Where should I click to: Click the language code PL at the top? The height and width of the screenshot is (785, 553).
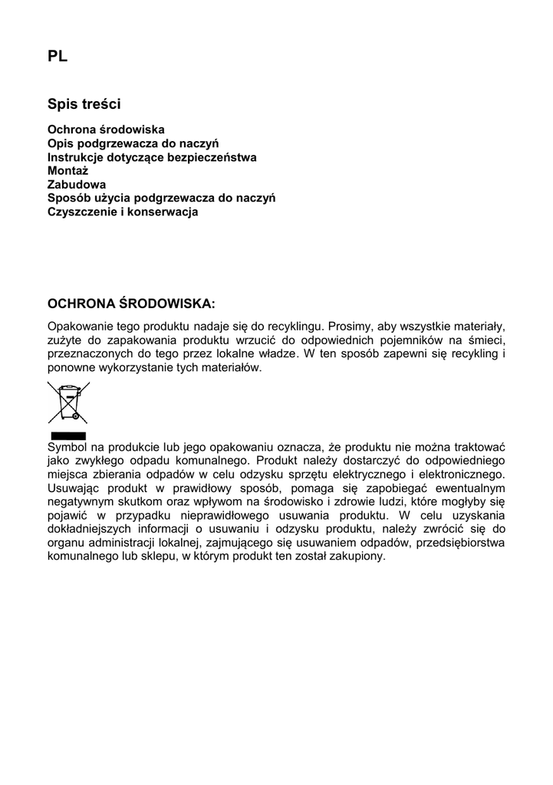58,56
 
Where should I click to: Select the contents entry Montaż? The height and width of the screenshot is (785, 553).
68,170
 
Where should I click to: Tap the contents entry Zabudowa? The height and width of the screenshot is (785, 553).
77,184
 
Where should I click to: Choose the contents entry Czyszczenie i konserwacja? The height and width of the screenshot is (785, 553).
123,212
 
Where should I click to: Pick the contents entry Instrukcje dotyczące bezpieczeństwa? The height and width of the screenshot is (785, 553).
152,156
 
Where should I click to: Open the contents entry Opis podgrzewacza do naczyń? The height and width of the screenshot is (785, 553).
133,143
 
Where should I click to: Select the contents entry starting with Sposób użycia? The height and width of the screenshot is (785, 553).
161,198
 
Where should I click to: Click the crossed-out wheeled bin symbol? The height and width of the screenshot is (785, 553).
67,402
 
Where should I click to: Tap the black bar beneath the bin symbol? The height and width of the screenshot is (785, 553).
67,435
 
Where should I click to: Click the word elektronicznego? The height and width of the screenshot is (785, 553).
467,474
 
